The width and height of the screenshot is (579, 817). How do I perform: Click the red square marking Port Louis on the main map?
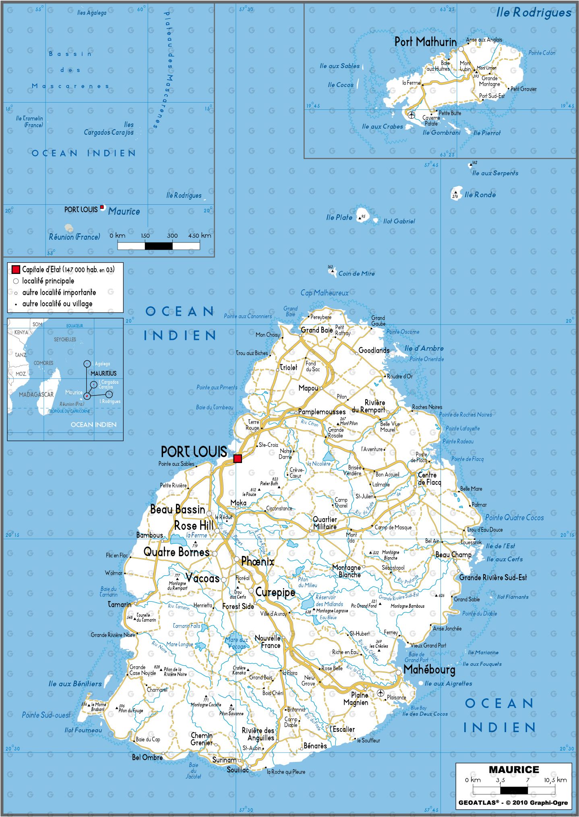[238, 459]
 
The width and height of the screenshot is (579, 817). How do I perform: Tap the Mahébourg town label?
[429, 669]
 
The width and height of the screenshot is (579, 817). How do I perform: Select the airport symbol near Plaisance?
[380, 693]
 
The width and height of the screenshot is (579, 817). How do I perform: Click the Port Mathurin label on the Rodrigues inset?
[425, 41]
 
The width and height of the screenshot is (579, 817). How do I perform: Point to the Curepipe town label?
[275, 592]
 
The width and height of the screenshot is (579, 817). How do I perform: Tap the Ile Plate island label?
[339, 218]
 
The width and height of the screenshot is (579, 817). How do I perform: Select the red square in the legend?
[16, 270]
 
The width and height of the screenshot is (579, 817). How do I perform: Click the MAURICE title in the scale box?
[514, 770]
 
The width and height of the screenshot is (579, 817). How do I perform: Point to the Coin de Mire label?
[356, 274]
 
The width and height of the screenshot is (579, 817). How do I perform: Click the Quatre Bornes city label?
[176, 552]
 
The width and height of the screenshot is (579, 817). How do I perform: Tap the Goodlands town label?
[374, 350]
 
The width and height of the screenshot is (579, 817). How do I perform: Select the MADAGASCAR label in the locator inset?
[36, 395]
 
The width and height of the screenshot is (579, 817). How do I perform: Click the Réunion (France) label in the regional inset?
[74, 237]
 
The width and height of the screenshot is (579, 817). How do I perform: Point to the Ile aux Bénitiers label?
[75, 684]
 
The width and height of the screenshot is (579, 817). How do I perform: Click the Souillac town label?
[238, 770]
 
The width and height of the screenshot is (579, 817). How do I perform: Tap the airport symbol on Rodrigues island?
[411, 115]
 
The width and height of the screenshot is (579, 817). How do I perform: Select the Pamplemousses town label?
[322, 412]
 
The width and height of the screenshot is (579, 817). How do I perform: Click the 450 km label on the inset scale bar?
[199, 236]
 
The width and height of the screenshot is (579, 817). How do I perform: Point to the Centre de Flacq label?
[429, 478]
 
